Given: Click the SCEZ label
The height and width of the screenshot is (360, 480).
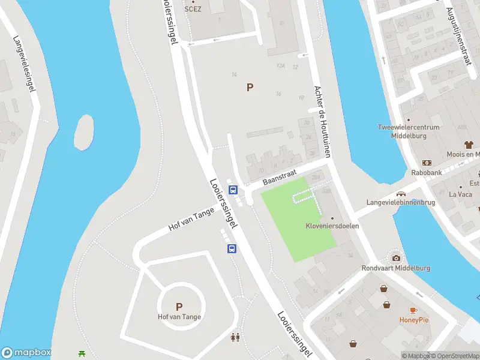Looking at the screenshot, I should point(193,9).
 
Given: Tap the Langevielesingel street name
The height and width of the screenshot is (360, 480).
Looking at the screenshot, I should point(22,64).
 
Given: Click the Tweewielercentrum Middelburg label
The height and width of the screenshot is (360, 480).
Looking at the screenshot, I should point(408,131).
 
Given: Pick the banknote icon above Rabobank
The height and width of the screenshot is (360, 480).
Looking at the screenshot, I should point(427,163).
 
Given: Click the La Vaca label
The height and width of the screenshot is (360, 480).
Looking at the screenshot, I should point(460,194).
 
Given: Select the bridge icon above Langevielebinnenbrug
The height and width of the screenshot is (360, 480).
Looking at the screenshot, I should point(400,194).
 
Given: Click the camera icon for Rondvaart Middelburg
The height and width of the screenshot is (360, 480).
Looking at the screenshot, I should point(396,258).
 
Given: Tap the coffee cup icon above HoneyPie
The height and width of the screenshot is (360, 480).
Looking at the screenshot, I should point(413,310).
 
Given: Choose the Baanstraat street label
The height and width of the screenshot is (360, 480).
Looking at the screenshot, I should point(280,177).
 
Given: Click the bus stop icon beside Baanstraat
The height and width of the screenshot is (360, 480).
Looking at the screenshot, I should point(234,190).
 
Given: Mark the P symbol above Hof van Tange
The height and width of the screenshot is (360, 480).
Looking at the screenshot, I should point(179,307).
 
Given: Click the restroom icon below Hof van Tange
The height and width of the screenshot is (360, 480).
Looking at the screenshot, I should point(236,338).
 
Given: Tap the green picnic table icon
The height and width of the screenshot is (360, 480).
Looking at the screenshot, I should point(82,353).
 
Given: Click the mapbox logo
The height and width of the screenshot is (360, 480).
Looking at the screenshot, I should point(26,353).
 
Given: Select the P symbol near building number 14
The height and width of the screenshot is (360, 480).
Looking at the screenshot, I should point(250,88).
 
